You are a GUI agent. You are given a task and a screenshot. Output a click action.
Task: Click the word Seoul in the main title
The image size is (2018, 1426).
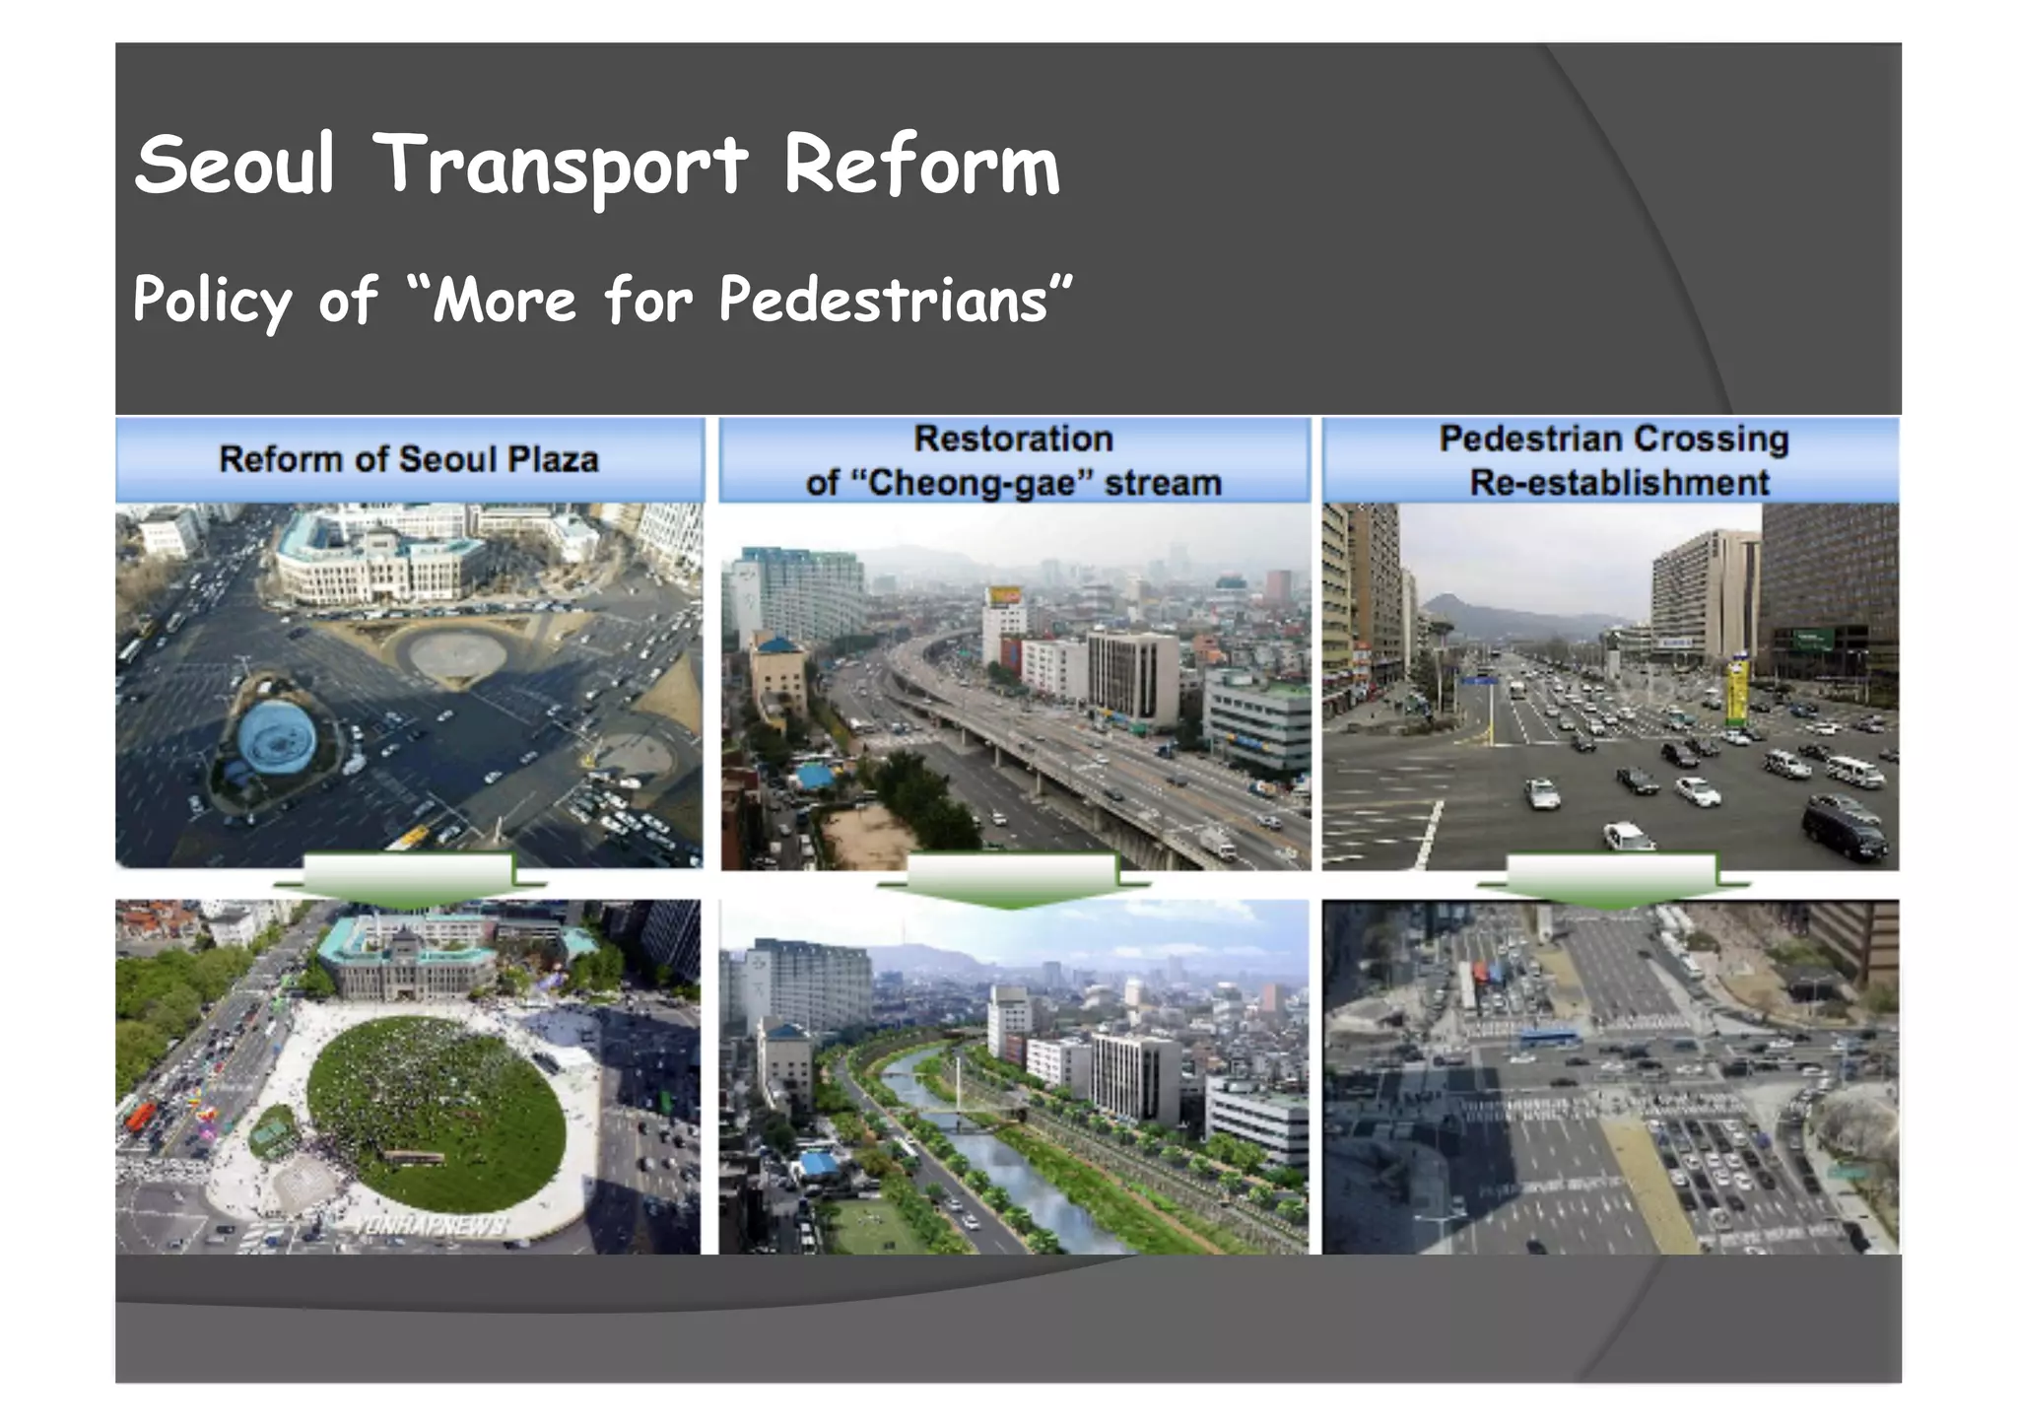(x=235, y=165)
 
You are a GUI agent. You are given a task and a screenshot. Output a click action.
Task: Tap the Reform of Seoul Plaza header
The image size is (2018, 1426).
(x=409, y=459)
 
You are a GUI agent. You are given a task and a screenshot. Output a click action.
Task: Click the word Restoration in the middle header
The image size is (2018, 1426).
(x=1013, y=439)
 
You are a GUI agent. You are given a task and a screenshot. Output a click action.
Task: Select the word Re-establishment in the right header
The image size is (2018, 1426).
(x=1619, y=483)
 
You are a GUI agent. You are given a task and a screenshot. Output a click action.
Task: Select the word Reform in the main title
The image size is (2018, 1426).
(x=921, y=165)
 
